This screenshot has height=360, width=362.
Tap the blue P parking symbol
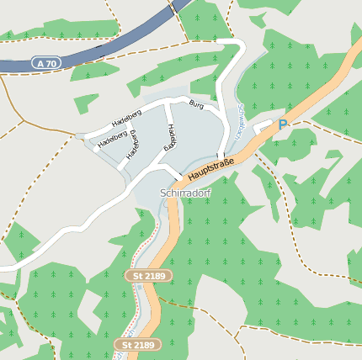coord(283,125)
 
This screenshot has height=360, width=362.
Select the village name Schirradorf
coord(184,193)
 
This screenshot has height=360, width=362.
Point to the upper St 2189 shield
coord(147,275)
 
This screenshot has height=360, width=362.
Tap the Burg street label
coord(196,104)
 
